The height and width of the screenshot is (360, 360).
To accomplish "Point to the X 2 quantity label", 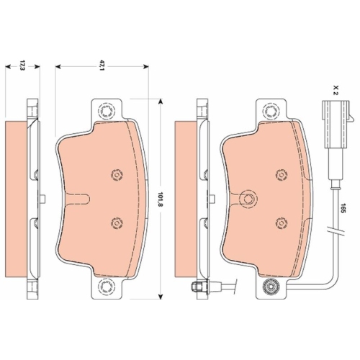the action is tap(335, 90).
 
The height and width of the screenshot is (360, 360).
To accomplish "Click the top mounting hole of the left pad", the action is tap(106, 111).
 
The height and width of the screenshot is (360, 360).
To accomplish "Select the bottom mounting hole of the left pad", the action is tap(106, 287).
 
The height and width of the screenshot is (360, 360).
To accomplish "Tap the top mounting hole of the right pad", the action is tap(271, 111).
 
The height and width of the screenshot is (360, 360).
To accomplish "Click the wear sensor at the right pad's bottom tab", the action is tap(271, 286).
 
